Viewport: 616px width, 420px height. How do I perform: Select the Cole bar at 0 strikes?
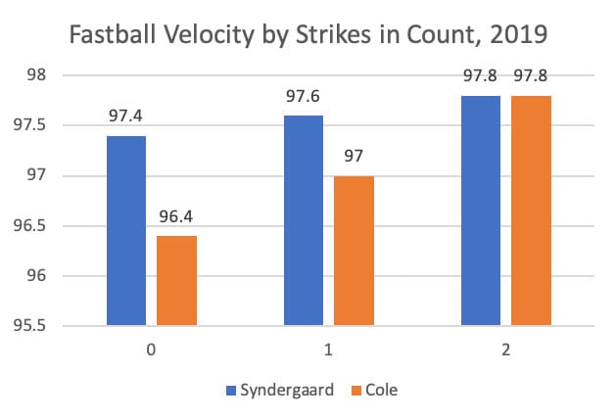point(175,280)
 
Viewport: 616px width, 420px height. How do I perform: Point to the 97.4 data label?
point(126,117)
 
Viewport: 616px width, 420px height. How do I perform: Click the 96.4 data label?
point(175,217)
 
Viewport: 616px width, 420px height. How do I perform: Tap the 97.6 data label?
point(304,97)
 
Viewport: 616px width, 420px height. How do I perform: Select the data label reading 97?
point(353,157)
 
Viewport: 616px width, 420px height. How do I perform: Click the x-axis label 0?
point(151,348)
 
